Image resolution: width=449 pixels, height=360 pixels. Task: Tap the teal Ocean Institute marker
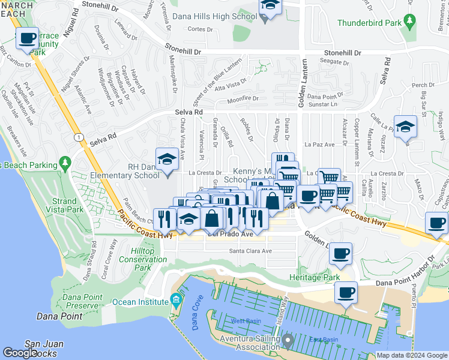click(x=175, y=299)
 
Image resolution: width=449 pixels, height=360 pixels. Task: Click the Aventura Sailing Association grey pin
click(x=287, y=342)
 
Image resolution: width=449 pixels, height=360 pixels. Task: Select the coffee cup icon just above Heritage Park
click(x=340, y=253)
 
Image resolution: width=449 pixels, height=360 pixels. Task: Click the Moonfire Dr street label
click(x=243, y=98)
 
